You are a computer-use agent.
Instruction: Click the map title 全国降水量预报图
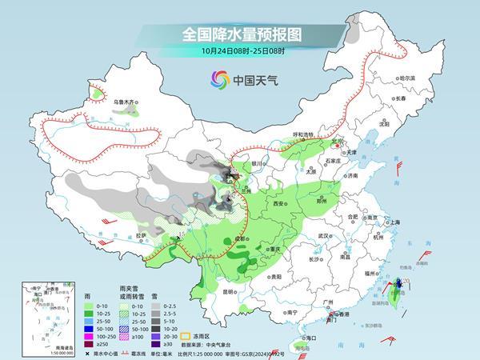point(239,34)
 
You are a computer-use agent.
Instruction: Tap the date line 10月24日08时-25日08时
point(239,52)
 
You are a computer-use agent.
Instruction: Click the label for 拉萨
point(141,234)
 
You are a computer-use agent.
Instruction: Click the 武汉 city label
point(324,237)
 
